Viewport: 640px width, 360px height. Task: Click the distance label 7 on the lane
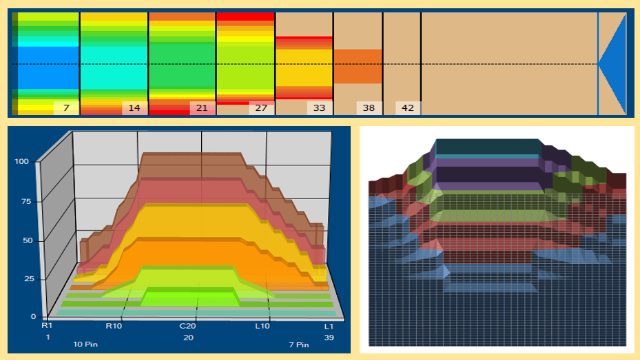click(66, 108)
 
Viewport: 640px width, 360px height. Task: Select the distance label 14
click(134, 108)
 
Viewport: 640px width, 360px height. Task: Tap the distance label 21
click(202, 108)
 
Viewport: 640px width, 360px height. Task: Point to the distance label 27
click(261, 108)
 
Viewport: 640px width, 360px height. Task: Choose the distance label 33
click(319, 108)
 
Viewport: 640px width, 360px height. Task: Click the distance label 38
click(369, 108)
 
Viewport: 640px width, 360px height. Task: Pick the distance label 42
click(407, 108)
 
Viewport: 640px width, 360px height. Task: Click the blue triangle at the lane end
click(612, 64)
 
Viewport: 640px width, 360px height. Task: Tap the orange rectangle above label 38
click(358, 67)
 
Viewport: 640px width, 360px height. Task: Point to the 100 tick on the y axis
click(21, 161)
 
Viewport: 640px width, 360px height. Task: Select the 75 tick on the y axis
click(26, 202)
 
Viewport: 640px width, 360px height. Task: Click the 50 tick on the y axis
click(27, 240)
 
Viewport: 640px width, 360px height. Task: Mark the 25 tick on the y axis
click(29, 279)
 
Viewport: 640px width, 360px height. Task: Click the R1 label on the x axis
click(47, 326)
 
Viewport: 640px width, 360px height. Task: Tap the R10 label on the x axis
click(114, 326)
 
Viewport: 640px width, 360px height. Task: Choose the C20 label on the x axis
click(188, 326)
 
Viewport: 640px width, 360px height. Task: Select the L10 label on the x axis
click(262, 326)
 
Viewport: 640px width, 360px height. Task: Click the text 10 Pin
click(85, 344)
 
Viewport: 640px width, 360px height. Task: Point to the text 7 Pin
click(299, 344)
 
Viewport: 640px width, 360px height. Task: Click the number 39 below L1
click(329, 338)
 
